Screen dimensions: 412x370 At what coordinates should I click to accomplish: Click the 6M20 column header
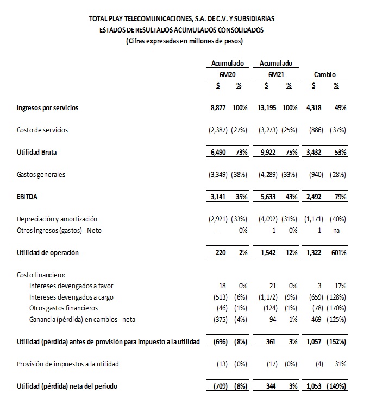click(x=227, y=74)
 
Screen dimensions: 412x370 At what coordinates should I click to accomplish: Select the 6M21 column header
click(x=276, y=74)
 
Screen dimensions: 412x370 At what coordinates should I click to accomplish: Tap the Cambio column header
click(x=325, y=74)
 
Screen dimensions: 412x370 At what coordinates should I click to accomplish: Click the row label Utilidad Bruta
click(x=36, y=153)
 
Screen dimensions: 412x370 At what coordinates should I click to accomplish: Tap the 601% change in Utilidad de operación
click(x=339, y=253)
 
